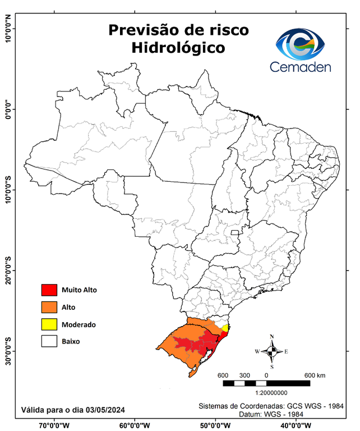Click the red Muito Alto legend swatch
[49, 290]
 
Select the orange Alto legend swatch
[49, 307]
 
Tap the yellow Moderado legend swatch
[49, 324]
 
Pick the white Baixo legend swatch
[49, 341]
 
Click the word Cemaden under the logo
[301, 66]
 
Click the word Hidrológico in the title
[178, 48]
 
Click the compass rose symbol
[272, 352]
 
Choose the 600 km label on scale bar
[314, 375]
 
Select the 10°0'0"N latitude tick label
[8, 29]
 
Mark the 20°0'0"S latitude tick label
[8, 270]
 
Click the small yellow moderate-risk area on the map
[225, 328]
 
